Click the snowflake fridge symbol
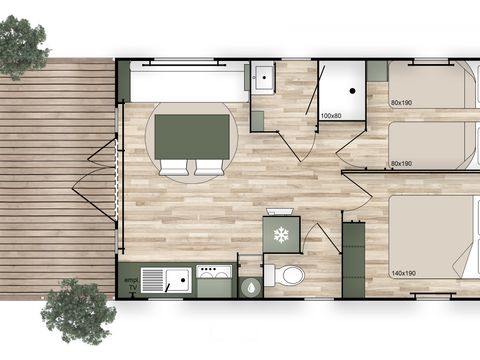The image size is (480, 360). click(280, 235)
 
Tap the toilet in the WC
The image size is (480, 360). click(290, 274)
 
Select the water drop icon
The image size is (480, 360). click(248, 283)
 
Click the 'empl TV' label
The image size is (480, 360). click(129, 282)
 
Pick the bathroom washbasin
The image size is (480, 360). click(265, 78)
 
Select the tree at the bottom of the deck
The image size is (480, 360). click(78, 311)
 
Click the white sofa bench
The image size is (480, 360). click(188, 82)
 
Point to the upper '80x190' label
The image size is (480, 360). click(403, 103)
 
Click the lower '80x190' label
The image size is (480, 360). click(403, 163)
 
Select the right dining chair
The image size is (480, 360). click(209, 168)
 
